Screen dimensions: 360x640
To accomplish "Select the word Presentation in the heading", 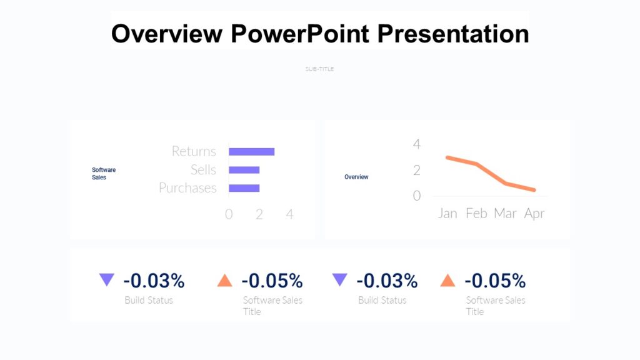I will click(452, 33).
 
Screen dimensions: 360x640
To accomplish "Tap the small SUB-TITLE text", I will click(319, 69).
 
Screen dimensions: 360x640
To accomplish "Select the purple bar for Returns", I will click(251, 151).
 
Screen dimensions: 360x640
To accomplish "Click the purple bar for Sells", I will click(244, 170).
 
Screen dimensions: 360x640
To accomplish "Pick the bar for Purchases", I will click(244, 188).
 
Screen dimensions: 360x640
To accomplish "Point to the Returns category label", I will click(194, 151).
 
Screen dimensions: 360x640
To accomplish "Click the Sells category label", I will click(203, 170).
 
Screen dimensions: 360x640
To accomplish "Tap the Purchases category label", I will click(187, 188).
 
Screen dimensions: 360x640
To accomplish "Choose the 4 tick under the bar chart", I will click(289, 214).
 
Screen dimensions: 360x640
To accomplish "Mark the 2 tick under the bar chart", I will click(259, 214).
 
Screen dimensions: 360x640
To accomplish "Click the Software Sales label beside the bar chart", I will click(104, 174).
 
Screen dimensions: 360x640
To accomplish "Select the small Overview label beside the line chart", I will click(356, 177).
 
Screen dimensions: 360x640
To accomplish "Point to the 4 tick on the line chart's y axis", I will click(417, 144).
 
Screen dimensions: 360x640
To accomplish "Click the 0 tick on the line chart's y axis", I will click(417, 196).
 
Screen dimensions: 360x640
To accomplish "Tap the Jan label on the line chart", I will click(447, 214).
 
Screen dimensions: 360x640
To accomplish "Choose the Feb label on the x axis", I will click(476, 214).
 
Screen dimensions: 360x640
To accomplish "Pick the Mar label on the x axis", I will click(505, 214).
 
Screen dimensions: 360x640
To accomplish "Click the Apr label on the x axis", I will click(534, 214).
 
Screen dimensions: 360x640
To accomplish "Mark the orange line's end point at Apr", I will click(534, 190).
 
